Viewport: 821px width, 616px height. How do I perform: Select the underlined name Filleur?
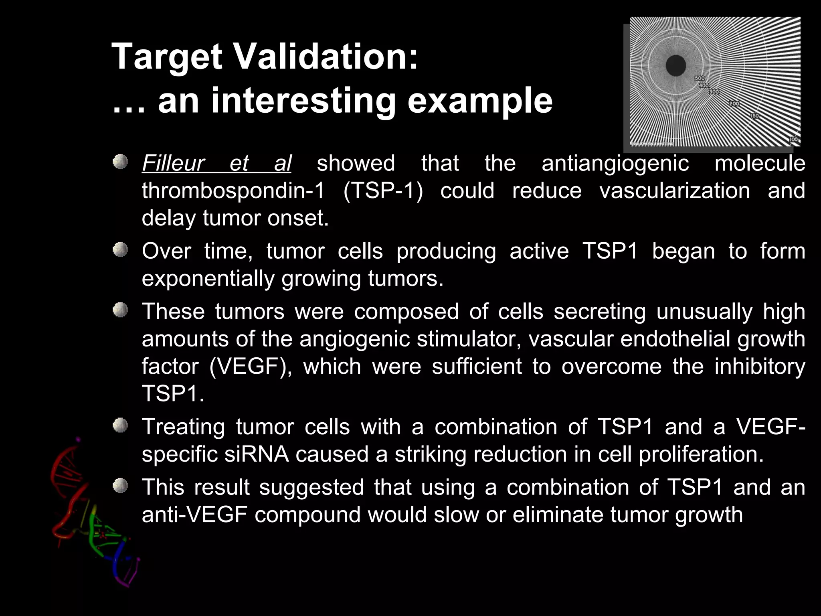point(173,164)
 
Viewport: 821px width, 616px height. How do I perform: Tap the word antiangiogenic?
point(615,164)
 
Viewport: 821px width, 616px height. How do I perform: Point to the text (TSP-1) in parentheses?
point(383,190)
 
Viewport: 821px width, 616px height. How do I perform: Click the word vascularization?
point(674,190)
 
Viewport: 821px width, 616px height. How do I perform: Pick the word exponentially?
point(208,278)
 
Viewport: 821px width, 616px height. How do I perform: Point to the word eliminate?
point(557,515)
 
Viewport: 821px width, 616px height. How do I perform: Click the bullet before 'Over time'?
point(119,251)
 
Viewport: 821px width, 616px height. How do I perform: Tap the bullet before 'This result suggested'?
point(119,486)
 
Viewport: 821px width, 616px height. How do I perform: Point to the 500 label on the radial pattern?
point(700,78)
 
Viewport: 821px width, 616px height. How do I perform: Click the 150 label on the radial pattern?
point(754,116)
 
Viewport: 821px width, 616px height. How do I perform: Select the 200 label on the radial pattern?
point(734,103)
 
